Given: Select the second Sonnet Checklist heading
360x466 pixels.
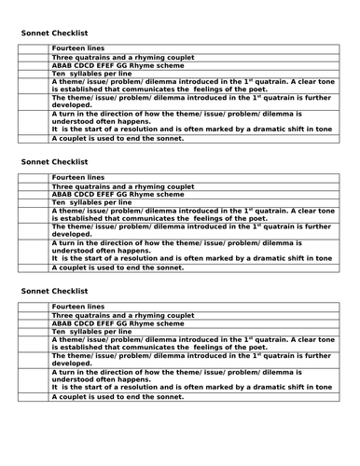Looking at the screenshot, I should coord(55,161).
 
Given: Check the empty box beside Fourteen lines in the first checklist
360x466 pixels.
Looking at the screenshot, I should coord(35,48).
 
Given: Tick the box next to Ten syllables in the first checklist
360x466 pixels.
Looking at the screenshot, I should coord(35,74).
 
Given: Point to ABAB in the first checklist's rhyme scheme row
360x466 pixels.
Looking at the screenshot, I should coord(63,65).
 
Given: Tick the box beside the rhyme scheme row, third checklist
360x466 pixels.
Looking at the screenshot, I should coord(35,322).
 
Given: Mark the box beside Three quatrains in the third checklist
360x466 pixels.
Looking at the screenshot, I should coord(35,314).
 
